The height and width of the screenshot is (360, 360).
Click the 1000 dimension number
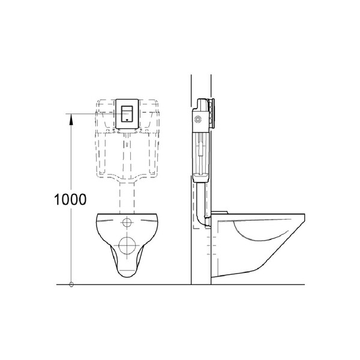70,199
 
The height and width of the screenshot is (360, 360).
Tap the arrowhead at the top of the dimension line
71,119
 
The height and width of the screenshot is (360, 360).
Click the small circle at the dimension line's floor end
71,284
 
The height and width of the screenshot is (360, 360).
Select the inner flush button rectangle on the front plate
127,113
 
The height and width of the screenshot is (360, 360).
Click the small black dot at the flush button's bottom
127,119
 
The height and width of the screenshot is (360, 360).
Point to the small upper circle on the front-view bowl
127,222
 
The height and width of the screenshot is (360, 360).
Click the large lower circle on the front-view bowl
127,245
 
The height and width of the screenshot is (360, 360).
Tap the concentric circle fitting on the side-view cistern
197,119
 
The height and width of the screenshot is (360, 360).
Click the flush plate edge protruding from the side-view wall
212,113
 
